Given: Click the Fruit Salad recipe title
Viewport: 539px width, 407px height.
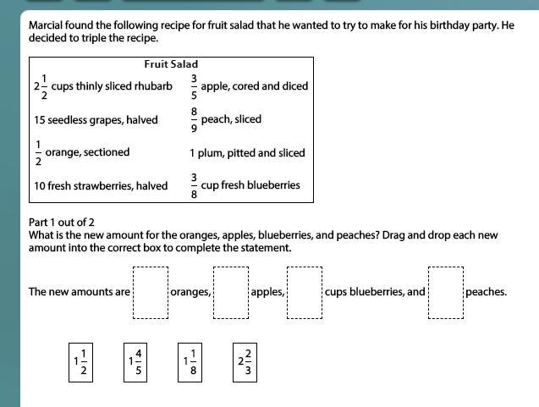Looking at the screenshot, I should pos(171,63).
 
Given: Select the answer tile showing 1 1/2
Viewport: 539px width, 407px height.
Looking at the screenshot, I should pos(80,362).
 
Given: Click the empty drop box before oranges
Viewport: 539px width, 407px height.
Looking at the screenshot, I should pos(151,293).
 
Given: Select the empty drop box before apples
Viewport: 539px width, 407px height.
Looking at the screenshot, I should pos(231,293).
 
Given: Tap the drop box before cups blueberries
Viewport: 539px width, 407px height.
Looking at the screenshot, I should pos(305,293).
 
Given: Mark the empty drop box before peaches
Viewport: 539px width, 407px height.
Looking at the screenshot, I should pos(445,293).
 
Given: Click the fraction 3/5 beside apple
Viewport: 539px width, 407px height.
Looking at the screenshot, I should pos(194,85).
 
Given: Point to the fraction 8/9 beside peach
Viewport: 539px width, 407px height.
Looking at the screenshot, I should pos(194,119).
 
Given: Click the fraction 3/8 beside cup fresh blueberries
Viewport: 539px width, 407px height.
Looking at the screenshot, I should pos(194,186).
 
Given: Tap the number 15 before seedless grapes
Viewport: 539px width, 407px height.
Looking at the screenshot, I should pos(39,120).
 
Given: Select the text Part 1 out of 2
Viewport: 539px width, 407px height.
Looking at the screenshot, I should pos(62,223).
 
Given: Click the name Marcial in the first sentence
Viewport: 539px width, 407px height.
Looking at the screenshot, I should pos(47,25).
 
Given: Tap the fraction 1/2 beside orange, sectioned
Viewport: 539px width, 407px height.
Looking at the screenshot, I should pos(37,153).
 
